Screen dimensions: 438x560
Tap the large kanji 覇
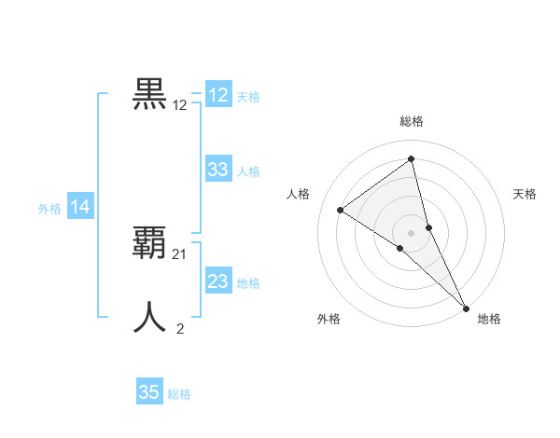pos(150,242)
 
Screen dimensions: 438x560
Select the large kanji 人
pos(150,317)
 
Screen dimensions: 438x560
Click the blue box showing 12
pos(218,95)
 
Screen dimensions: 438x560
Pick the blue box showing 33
pos(218,170)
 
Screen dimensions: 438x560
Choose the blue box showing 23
pos(218,281)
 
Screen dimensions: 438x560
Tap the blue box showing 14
pos(80,208)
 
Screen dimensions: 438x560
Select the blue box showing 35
pos(149,392)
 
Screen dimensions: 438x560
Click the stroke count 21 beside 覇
pos(180,253)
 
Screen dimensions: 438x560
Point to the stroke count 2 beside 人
pos(180,328)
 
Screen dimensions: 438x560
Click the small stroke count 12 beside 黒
pos(180,105)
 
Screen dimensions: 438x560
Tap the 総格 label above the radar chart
pos(411,121)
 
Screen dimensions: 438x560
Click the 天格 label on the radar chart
pos(525,194)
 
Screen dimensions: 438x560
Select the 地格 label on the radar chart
pos(489,319)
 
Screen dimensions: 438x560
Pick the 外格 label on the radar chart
pos(329,319)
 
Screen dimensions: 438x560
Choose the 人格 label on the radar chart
pos(297,194)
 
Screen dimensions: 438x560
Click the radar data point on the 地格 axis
pos(465,307)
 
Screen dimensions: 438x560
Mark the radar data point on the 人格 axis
pos(340,210)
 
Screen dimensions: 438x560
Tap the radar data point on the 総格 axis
pos(411,159)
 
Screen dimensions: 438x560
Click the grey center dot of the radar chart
pos(411,232)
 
